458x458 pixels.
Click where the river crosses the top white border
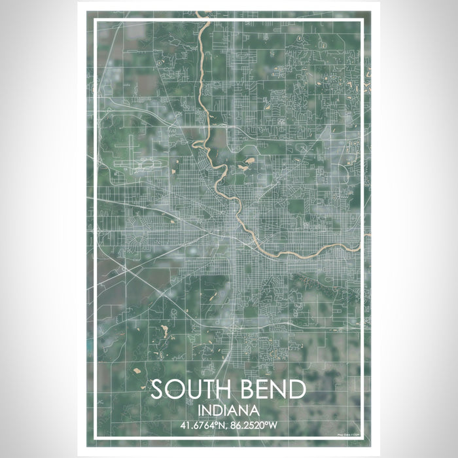[206, 21]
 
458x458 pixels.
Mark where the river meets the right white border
[362, 245]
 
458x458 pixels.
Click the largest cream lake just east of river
[249, 158]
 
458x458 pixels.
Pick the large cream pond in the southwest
[164, 333]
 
